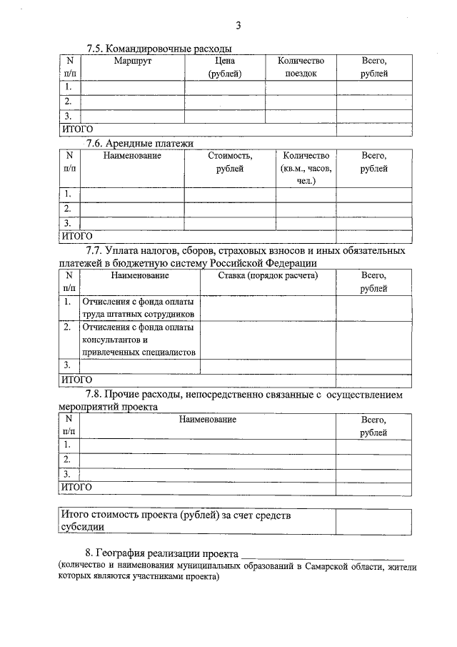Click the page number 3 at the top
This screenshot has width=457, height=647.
tap(238, 26)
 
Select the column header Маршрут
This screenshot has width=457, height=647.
tap(133, 61)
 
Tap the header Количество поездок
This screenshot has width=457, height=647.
tap(301, 67)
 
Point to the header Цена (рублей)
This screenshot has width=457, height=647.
tap(225, 67)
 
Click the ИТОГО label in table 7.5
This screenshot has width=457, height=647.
tap(76, 129)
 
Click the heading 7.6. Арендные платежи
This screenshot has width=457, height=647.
tap(139, 143)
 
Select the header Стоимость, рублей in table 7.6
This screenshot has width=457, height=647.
tap(230, 162)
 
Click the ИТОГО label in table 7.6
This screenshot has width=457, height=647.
tap(76, 235)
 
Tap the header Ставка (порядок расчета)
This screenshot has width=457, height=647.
tap(268, 275)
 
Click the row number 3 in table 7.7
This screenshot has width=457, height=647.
tap(66, 365)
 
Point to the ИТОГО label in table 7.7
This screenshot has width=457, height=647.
tap(76, 379)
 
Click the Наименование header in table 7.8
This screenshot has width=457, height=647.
tap(208, 419)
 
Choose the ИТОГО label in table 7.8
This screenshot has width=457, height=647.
tap(76, 487)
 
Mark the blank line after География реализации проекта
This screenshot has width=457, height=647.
tap(322, 555)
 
